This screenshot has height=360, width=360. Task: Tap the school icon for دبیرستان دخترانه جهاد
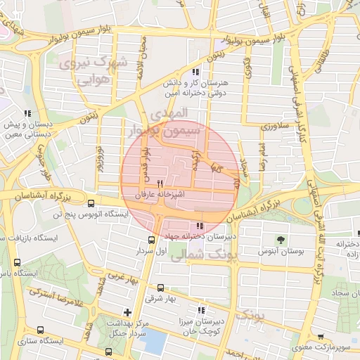(x=201, y=226)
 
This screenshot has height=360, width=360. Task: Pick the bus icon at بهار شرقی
(x=161, y=287)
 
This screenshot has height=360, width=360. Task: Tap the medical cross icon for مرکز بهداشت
(x=127, y=311)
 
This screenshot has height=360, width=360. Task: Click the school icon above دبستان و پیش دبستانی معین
(x=27, y=113)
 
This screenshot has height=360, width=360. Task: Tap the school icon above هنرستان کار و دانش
(x=195, y=72)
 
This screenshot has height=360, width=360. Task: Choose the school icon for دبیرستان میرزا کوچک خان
(x=201, y=309)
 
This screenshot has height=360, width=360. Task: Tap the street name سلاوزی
(x=271, y=127)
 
